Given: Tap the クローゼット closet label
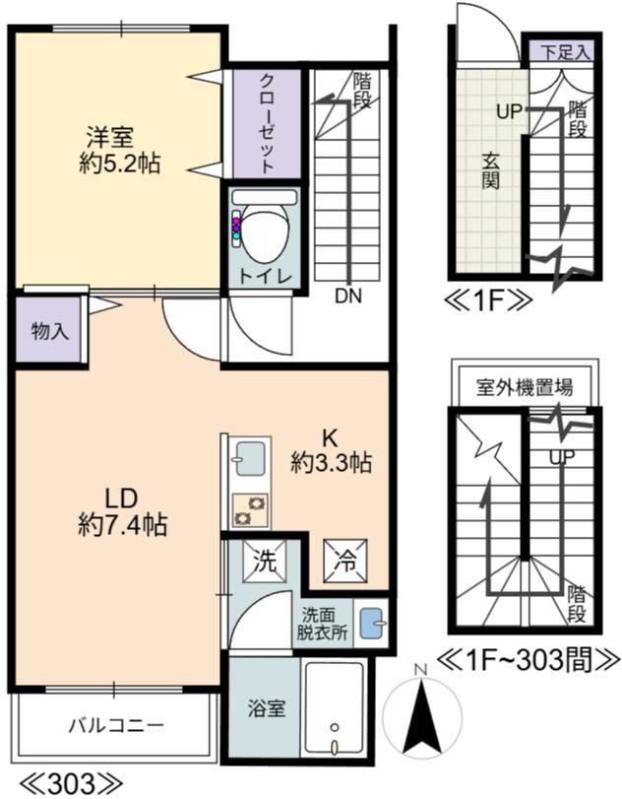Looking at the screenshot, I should [x=266, y=123].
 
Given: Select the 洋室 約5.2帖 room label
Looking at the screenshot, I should [x=119, y=149].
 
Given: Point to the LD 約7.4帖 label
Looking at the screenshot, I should [x=122, y=510].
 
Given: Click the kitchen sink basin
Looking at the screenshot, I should [x=248, y=459].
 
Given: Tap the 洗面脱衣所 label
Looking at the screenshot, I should [x=323, y=624].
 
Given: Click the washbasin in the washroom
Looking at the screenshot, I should [x=370, y=624].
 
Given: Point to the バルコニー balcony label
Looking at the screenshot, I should [x=115, y=727].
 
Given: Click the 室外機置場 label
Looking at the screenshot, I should [x=525, y=385].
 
